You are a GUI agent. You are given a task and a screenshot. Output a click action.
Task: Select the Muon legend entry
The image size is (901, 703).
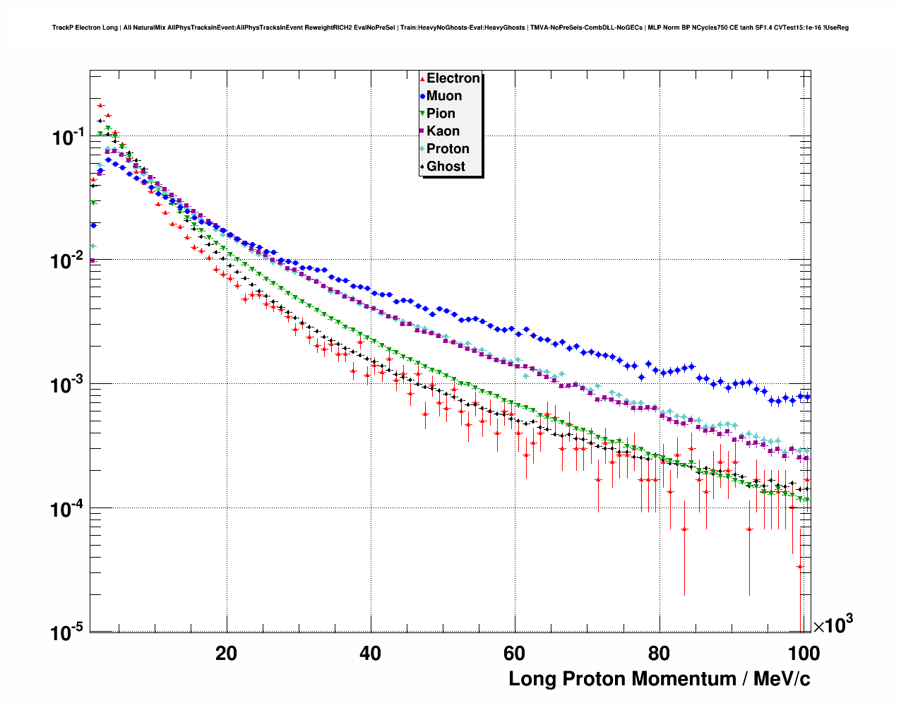click(443, 96)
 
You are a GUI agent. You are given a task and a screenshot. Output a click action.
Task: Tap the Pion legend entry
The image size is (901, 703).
click(441, 114)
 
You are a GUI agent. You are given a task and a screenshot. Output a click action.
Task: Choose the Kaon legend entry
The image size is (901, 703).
click(443, 131)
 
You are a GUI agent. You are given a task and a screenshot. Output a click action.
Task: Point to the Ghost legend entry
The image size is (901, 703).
click(446, 167)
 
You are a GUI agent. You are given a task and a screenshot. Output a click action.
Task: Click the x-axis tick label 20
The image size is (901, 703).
click(227, 653)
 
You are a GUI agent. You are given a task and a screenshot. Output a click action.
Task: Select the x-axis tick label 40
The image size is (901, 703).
click(370, 653)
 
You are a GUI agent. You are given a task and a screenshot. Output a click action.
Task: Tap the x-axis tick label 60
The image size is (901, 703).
click(515, 653)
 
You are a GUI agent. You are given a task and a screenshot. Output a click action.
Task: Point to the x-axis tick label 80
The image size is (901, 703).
click(659, 653)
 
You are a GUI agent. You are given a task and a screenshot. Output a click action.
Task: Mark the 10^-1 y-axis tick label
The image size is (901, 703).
click(68, 137)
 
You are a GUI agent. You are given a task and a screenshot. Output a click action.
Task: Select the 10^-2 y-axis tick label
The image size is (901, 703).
click(68, 261)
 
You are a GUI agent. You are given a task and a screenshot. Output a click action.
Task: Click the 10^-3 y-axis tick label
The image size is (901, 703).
click(68, 385)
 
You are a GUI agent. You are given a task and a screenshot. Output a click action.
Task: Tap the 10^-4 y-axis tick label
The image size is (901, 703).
click(68, 509)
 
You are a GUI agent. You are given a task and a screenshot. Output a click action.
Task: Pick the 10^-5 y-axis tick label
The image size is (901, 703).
click(68, 632)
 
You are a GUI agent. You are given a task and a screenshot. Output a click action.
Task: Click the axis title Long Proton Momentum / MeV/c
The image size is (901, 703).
click(660, 679)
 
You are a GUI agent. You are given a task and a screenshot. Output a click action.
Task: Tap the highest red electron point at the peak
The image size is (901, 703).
click(100, 105)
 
